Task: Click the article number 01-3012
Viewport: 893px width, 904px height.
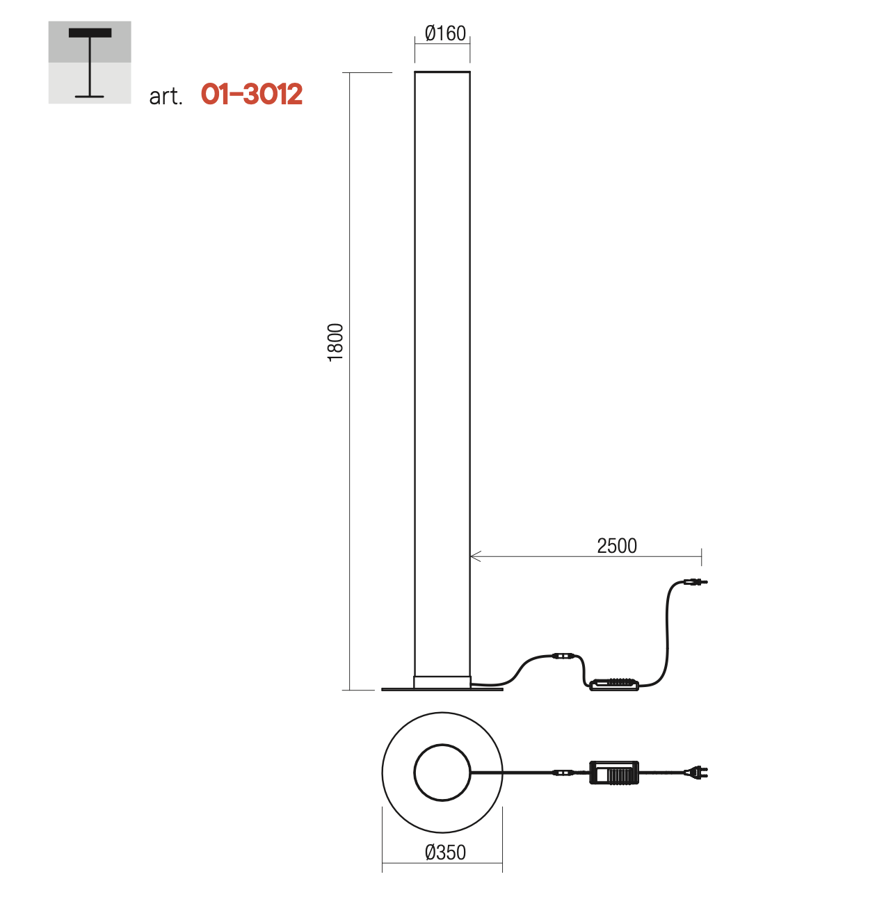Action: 252,94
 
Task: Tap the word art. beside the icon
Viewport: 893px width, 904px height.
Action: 166,97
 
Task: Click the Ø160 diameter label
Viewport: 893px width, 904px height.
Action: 445,33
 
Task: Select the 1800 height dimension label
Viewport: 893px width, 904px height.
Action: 335,342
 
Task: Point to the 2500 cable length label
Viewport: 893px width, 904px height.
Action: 617,546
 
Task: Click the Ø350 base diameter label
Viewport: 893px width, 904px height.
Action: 445,853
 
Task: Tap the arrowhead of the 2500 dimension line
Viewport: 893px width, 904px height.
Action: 475,556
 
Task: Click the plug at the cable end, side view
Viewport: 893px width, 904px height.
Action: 695,582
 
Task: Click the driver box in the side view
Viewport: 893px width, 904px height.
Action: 614,684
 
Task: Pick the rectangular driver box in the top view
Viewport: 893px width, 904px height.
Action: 614,772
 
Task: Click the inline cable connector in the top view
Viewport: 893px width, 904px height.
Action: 563,772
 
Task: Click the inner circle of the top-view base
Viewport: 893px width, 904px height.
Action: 442,745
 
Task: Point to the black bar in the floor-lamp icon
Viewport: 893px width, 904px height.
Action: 90,33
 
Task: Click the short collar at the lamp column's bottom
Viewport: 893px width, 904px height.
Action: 442,682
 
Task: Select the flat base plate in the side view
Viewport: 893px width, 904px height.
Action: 442,690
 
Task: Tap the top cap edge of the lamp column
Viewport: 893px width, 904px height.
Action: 442,72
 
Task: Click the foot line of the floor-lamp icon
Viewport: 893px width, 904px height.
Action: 89,97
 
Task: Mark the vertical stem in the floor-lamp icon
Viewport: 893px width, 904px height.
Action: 89,67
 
